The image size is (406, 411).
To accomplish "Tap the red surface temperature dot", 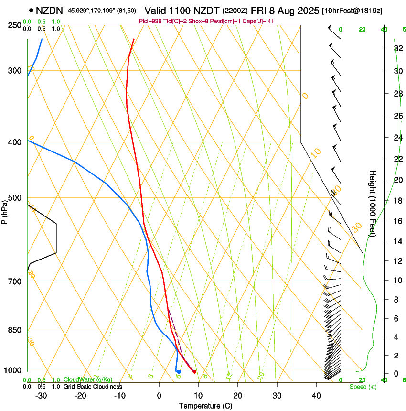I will tap(194, 372).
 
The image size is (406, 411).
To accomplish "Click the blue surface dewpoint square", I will tap(179, 371).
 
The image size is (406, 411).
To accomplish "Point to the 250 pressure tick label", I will tap(15, 25).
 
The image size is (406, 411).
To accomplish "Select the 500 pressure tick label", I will tap(15, 198).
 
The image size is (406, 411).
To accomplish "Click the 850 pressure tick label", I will tap(15, 330).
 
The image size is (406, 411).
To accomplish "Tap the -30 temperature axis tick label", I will tap(41, 396).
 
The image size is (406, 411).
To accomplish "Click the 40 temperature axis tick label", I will tap(316, 396).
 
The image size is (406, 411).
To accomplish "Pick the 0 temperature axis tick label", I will tap(159, 396).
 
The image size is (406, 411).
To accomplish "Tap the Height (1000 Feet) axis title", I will tap(373, 203).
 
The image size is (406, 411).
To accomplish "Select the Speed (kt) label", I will tap(363, 387).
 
